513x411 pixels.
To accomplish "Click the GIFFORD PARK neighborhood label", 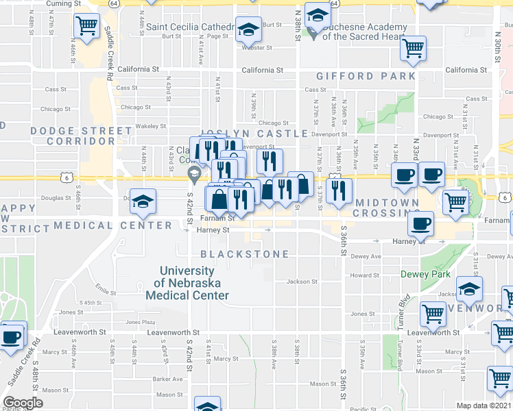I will click(365, 75).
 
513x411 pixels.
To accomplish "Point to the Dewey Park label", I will click(425, 275).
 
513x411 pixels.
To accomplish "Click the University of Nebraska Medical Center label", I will click(187, 284).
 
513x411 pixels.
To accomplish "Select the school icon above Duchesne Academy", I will click(317, 15).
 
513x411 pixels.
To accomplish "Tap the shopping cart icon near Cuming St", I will click(87, 26).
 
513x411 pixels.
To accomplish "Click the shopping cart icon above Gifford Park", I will click(414, 48).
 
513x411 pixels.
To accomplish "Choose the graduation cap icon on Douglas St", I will click(143, 201).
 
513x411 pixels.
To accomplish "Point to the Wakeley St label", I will click(151, 126).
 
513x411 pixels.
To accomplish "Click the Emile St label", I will click(104, 287).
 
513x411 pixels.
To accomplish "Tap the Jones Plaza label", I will click(139, 321).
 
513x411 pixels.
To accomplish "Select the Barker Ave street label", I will click(167, 379).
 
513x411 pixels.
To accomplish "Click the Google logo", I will click(23, 403).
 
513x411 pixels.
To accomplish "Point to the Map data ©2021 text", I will click(484, 406).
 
